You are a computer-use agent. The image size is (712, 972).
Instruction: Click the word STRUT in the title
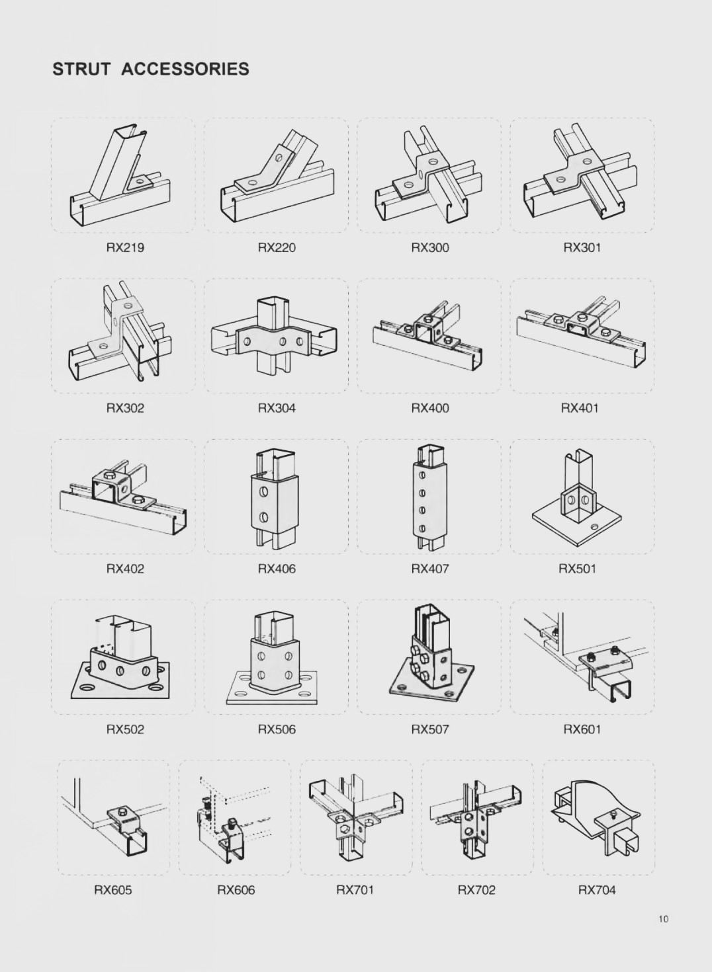[x=81, y=69]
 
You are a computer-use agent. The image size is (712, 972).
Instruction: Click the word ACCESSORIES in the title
[x=185, y=69]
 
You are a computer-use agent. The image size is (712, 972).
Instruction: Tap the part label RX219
[x=125, y=248]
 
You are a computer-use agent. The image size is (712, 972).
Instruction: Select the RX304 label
[x=277, y=409]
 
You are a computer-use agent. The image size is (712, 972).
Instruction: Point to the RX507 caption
[x=430, y=729]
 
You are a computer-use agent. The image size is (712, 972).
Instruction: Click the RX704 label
[x=597, y=890]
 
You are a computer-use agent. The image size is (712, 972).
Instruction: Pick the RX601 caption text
[x=582, y=729]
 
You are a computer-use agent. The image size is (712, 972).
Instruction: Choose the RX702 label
[x=476, y=890]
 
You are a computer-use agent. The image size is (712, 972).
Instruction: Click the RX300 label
[x=430, y=248]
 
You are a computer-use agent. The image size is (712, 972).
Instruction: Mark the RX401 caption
[x=580, y=409]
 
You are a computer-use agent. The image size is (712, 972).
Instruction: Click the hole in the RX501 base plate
[x=594, y=526]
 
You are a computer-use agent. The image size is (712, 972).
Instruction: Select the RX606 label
[x=236, y=890]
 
